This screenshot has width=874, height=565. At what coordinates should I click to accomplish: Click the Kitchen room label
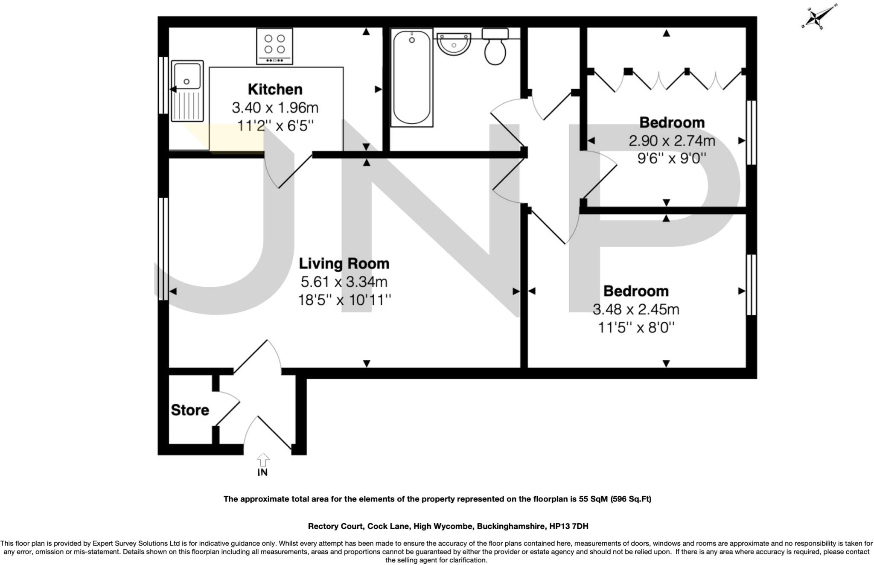click(x=275, y=90)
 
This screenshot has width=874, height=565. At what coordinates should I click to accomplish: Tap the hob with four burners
click(x=274, y=46)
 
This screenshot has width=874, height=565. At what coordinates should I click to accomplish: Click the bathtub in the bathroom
click(x=411, y=77)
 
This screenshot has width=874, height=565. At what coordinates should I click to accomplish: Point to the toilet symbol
click(x=495, y=47)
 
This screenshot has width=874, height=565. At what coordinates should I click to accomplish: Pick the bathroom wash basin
click(x=454, y=44)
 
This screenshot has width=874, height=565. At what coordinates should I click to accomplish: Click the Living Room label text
click(x=344, y=264)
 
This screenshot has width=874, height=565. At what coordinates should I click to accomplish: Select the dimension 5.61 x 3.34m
click(x=344, y=282)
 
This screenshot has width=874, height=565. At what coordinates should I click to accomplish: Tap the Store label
click(x=190, y=410)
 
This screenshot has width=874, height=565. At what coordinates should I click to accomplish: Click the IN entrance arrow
click(x=263, y=461)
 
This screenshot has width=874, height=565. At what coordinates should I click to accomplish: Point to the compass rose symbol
click(x=819, y=17)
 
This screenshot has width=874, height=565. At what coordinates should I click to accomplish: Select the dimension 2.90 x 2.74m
click(x=672, y=141)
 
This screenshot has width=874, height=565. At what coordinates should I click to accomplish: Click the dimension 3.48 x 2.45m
click(x=636, y=309)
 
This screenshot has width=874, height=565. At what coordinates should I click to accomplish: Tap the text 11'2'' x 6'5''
click(x=275, y=126)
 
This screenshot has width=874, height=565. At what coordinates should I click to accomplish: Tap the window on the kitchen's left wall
click(x=163, y=85)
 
